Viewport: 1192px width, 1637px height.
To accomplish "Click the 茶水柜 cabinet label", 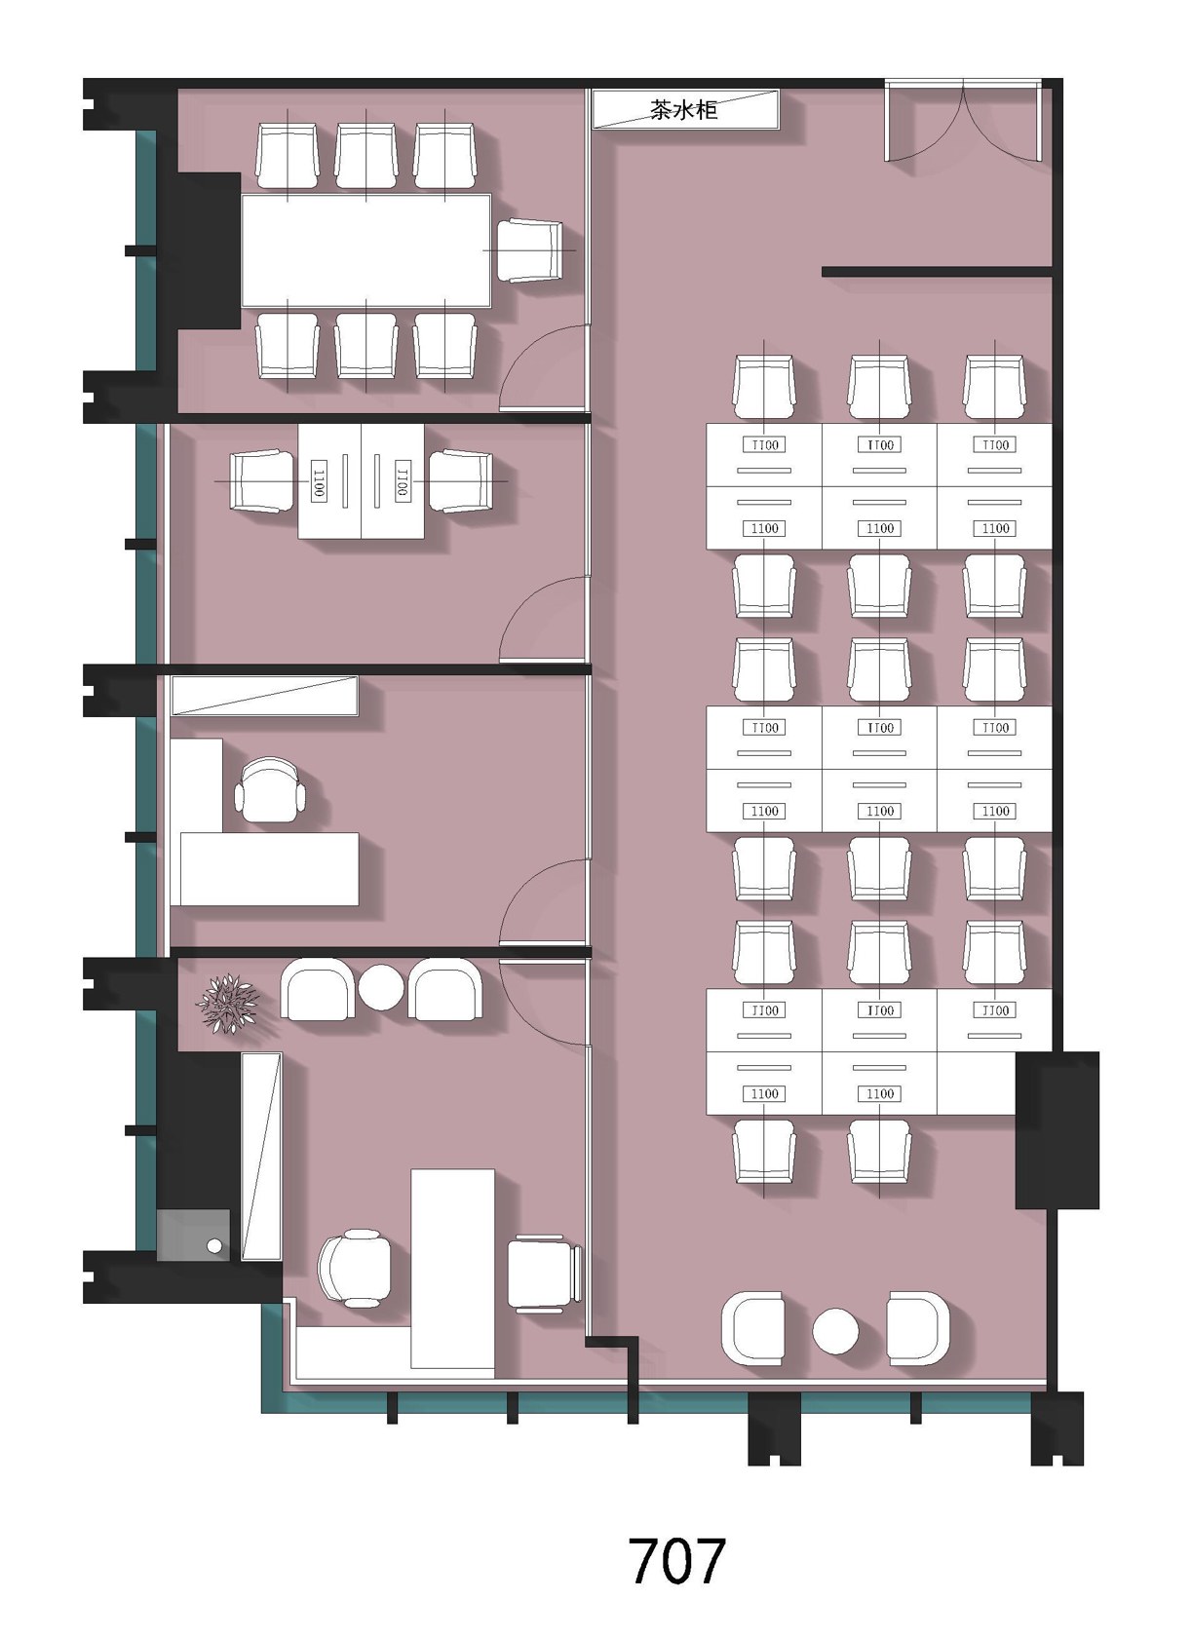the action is [x=683, y=110].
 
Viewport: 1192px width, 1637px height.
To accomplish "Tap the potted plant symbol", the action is [x=228, y=1002].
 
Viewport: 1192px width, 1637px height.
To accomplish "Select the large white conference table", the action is [x=366, y=250].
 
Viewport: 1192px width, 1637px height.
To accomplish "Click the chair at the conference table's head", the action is [x=530, y=250].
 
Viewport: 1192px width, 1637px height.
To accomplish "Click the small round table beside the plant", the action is [x=381, y=987].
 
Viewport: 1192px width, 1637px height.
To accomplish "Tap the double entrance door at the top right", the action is [x=963, y=121].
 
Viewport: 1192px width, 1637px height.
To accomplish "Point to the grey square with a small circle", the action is [x=193, y=1236].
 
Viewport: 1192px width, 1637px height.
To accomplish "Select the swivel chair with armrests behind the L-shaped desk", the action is [x=270, y=789].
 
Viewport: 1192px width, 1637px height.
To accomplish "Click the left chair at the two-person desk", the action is [x=261, y=481].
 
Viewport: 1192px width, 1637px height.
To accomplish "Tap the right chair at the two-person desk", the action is [x=460, y=481].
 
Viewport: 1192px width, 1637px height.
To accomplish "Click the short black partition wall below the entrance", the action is [x=937, y=272].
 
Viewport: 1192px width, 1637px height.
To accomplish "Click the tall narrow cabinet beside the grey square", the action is [x=261, y=1156].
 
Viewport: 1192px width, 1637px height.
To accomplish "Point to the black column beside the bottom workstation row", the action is [x=1057, y=1130].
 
